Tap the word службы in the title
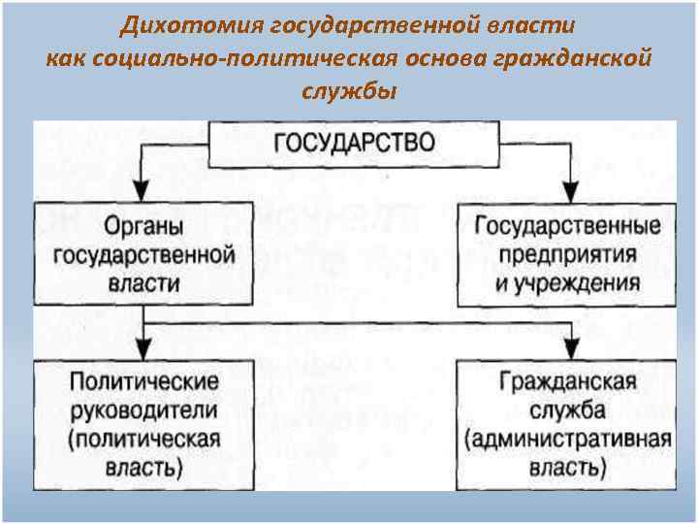(348, 91)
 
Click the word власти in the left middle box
(144, 283)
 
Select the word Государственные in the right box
(568, 226)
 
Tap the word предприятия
(567, 254)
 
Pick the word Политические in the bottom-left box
(143, 380)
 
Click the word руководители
(143, 409)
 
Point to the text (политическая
(143, 438)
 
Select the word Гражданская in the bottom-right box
(568, 380)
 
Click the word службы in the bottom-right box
(568, 409)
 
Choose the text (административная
(568, 438)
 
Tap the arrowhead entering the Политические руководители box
(143, 349)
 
